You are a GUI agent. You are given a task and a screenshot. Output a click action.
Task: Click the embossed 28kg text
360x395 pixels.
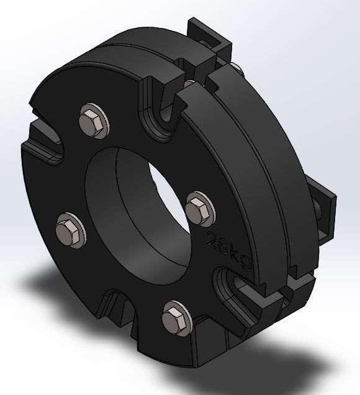coord(229,251)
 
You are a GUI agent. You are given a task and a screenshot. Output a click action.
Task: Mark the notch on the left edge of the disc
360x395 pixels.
coord(43,140)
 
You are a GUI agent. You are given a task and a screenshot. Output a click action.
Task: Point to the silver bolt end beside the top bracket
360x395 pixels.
coord(235,66)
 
